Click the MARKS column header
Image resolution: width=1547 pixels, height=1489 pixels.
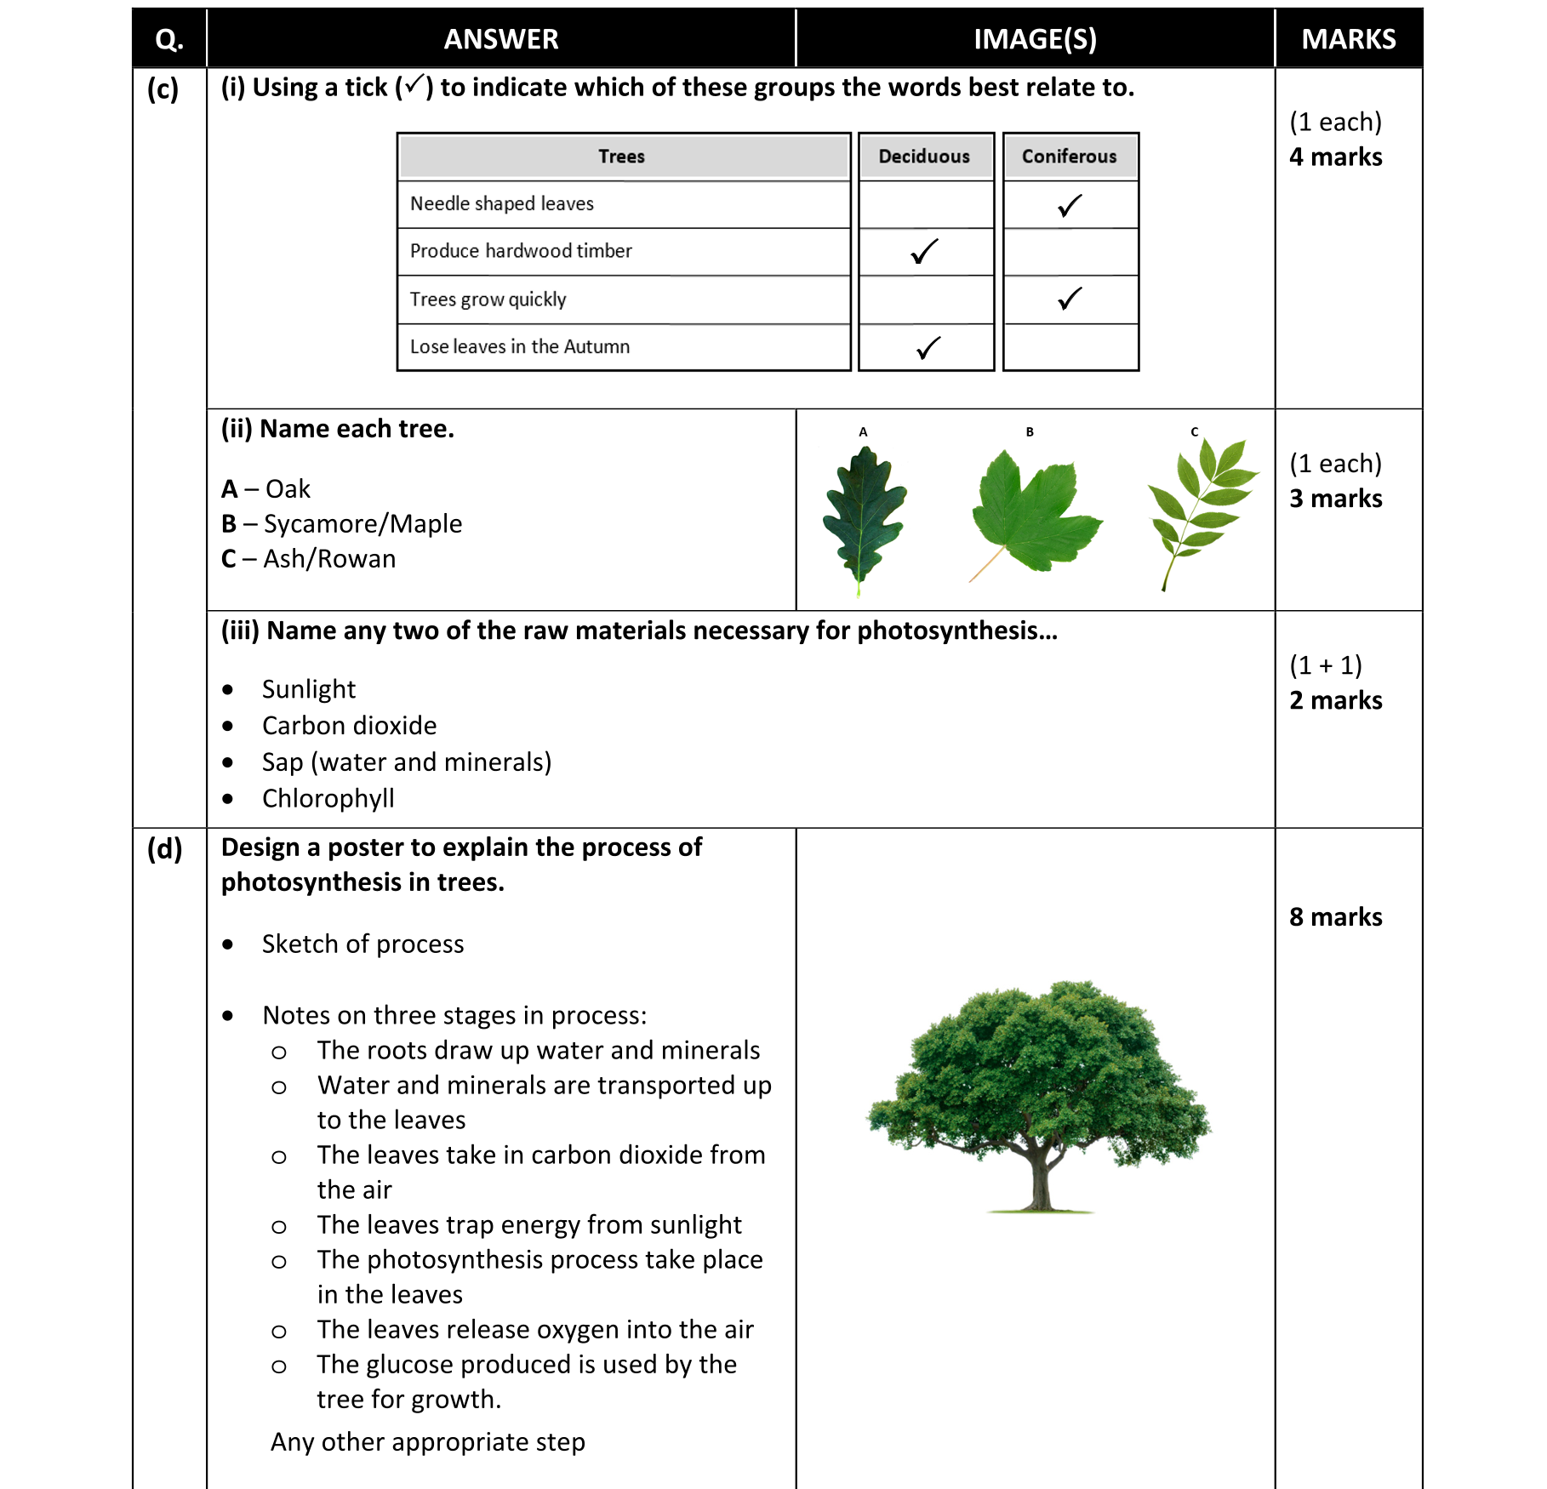tap(1348, 39)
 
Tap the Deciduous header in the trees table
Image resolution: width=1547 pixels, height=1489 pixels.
tap(924, 157)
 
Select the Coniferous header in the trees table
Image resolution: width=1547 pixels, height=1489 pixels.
tap(1069, 157)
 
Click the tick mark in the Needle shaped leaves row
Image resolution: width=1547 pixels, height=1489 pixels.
tap(1070, 206)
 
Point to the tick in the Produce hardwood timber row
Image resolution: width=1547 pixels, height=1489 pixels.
tap(924, 252)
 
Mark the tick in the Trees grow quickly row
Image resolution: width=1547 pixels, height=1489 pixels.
tap(1070, 299)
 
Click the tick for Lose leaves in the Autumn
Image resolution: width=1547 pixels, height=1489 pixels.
tap(928, 348)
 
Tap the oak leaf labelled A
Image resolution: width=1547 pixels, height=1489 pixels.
tap(864, 515)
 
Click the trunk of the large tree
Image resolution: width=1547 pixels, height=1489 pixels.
tap(1040, 1183)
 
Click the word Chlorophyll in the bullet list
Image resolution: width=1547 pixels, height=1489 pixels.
tap(328, 799)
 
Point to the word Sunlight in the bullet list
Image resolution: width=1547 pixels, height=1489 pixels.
tap(308, 689)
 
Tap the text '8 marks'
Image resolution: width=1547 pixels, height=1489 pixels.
tap(1335, 917)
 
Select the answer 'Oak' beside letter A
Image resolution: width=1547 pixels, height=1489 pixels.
tap(288, 489)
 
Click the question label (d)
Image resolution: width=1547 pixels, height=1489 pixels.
tap(164, 849)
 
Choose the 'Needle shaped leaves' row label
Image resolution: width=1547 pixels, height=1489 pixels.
tap(501, 204)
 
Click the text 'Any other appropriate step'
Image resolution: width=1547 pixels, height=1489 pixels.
tap(427, 1442)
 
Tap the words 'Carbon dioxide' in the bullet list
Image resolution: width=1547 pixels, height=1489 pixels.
tap(349, 726)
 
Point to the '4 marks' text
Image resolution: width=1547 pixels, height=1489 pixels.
tap(1335, 157)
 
